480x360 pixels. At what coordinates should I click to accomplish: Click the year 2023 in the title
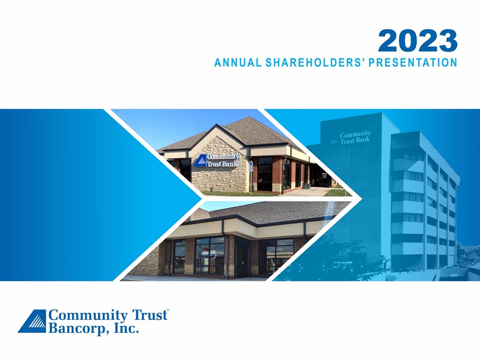[417, 40]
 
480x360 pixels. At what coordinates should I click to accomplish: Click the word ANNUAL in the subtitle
[238, 62]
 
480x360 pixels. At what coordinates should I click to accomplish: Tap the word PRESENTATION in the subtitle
[412, 62]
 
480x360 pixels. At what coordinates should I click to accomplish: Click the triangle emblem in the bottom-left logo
[32, 321]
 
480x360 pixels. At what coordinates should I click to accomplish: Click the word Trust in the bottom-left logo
[149, 315]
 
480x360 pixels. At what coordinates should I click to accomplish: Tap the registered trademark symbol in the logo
[168, 310]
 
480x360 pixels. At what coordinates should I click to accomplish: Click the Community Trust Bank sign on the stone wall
[216, 160]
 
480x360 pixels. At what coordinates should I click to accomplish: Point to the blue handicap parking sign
[250, 165]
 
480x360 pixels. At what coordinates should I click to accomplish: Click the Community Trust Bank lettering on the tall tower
[355, 137]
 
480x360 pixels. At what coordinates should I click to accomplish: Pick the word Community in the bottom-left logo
[88, 315]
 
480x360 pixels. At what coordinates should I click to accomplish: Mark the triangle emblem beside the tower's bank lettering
[334, 141]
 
